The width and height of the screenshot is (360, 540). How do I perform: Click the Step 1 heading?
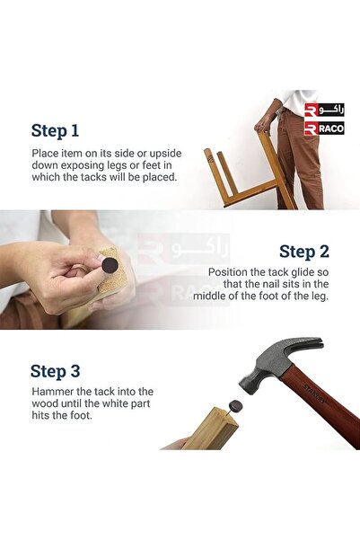click(x=55, y=130)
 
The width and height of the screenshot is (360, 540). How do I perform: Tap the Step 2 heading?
click(x=304, y=252)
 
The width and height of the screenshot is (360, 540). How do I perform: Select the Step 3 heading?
click(x=55, y=371)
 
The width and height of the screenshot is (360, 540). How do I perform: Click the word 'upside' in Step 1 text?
click(x=165, y=154)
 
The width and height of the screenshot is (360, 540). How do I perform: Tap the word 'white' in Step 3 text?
click(x=120, y=403)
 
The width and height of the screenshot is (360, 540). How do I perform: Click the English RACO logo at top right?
click(x=324, y=128)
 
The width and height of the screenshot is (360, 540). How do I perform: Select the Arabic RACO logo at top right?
click(x=324, y=111)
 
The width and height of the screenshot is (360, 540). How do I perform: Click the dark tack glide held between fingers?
click(x=110, y=265)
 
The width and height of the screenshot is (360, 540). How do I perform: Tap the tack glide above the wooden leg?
click(x=235, y=405)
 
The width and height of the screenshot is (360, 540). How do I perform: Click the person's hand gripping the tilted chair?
click(x=264, y=123)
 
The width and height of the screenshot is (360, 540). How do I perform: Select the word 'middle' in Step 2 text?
click(x=210, y=296)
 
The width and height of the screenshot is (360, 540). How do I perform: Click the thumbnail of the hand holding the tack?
click(x=100, y=258)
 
